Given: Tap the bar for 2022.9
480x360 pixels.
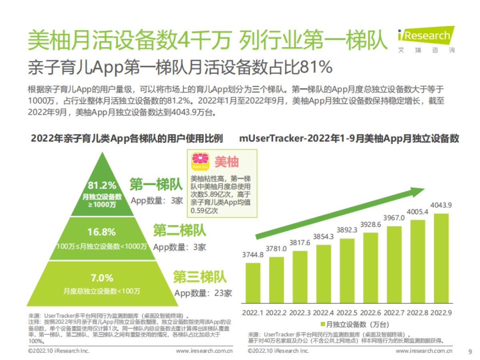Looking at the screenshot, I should click(441, 258).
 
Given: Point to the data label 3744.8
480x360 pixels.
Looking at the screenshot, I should click(252, 255).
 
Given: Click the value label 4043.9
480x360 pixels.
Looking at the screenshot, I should click(442, 205).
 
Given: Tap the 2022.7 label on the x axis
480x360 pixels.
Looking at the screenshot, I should click(395, 312).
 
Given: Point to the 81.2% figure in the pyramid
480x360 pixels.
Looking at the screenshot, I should click(102, 186).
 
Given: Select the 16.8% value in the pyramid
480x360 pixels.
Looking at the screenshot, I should click(102, 232).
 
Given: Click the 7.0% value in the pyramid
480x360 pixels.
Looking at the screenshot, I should click(102, 278).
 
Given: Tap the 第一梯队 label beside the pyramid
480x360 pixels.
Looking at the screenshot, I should click(156, 184).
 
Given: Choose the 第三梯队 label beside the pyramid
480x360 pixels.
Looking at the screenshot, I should click(200, 277).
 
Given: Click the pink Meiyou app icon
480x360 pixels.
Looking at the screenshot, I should click(199, 162).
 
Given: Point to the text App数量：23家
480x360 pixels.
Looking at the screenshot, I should click(203, 293).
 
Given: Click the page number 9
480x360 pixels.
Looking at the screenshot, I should click(470, 352).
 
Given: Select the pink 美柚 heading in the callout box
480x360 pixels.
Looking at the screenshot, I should click(226, 162).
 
